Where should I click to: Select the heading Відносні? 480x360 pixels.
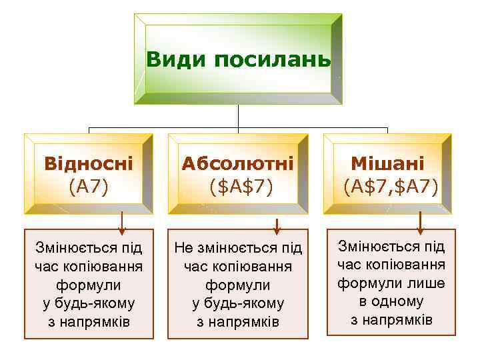click(89, 163)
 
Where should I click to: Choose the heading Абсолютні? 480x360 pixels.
click(238, 163)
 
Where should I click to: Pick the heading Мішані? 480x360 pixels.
click(388, 163)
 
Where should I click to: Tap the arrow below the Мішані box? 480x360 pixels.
click(419, 224)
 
